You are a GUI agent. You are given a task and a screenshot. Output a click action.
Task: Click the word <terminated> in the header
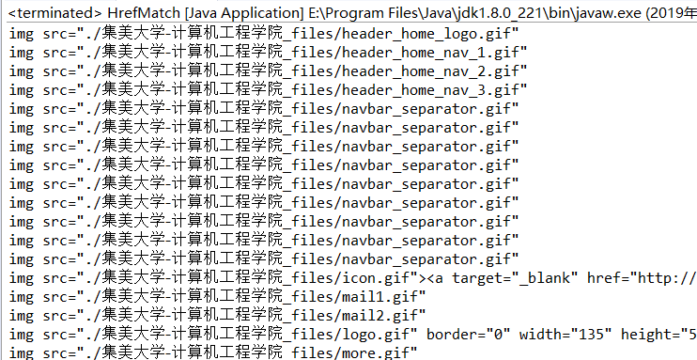point(55,13)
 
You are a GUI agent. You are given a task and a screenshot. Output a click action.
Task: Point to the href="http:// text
point(642,278)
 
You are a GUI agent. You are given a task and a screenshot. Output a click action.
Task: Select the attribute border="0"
point(468,335)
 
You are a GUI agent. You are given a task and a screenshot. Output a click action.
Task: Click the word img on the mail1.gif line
point(22,297)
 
